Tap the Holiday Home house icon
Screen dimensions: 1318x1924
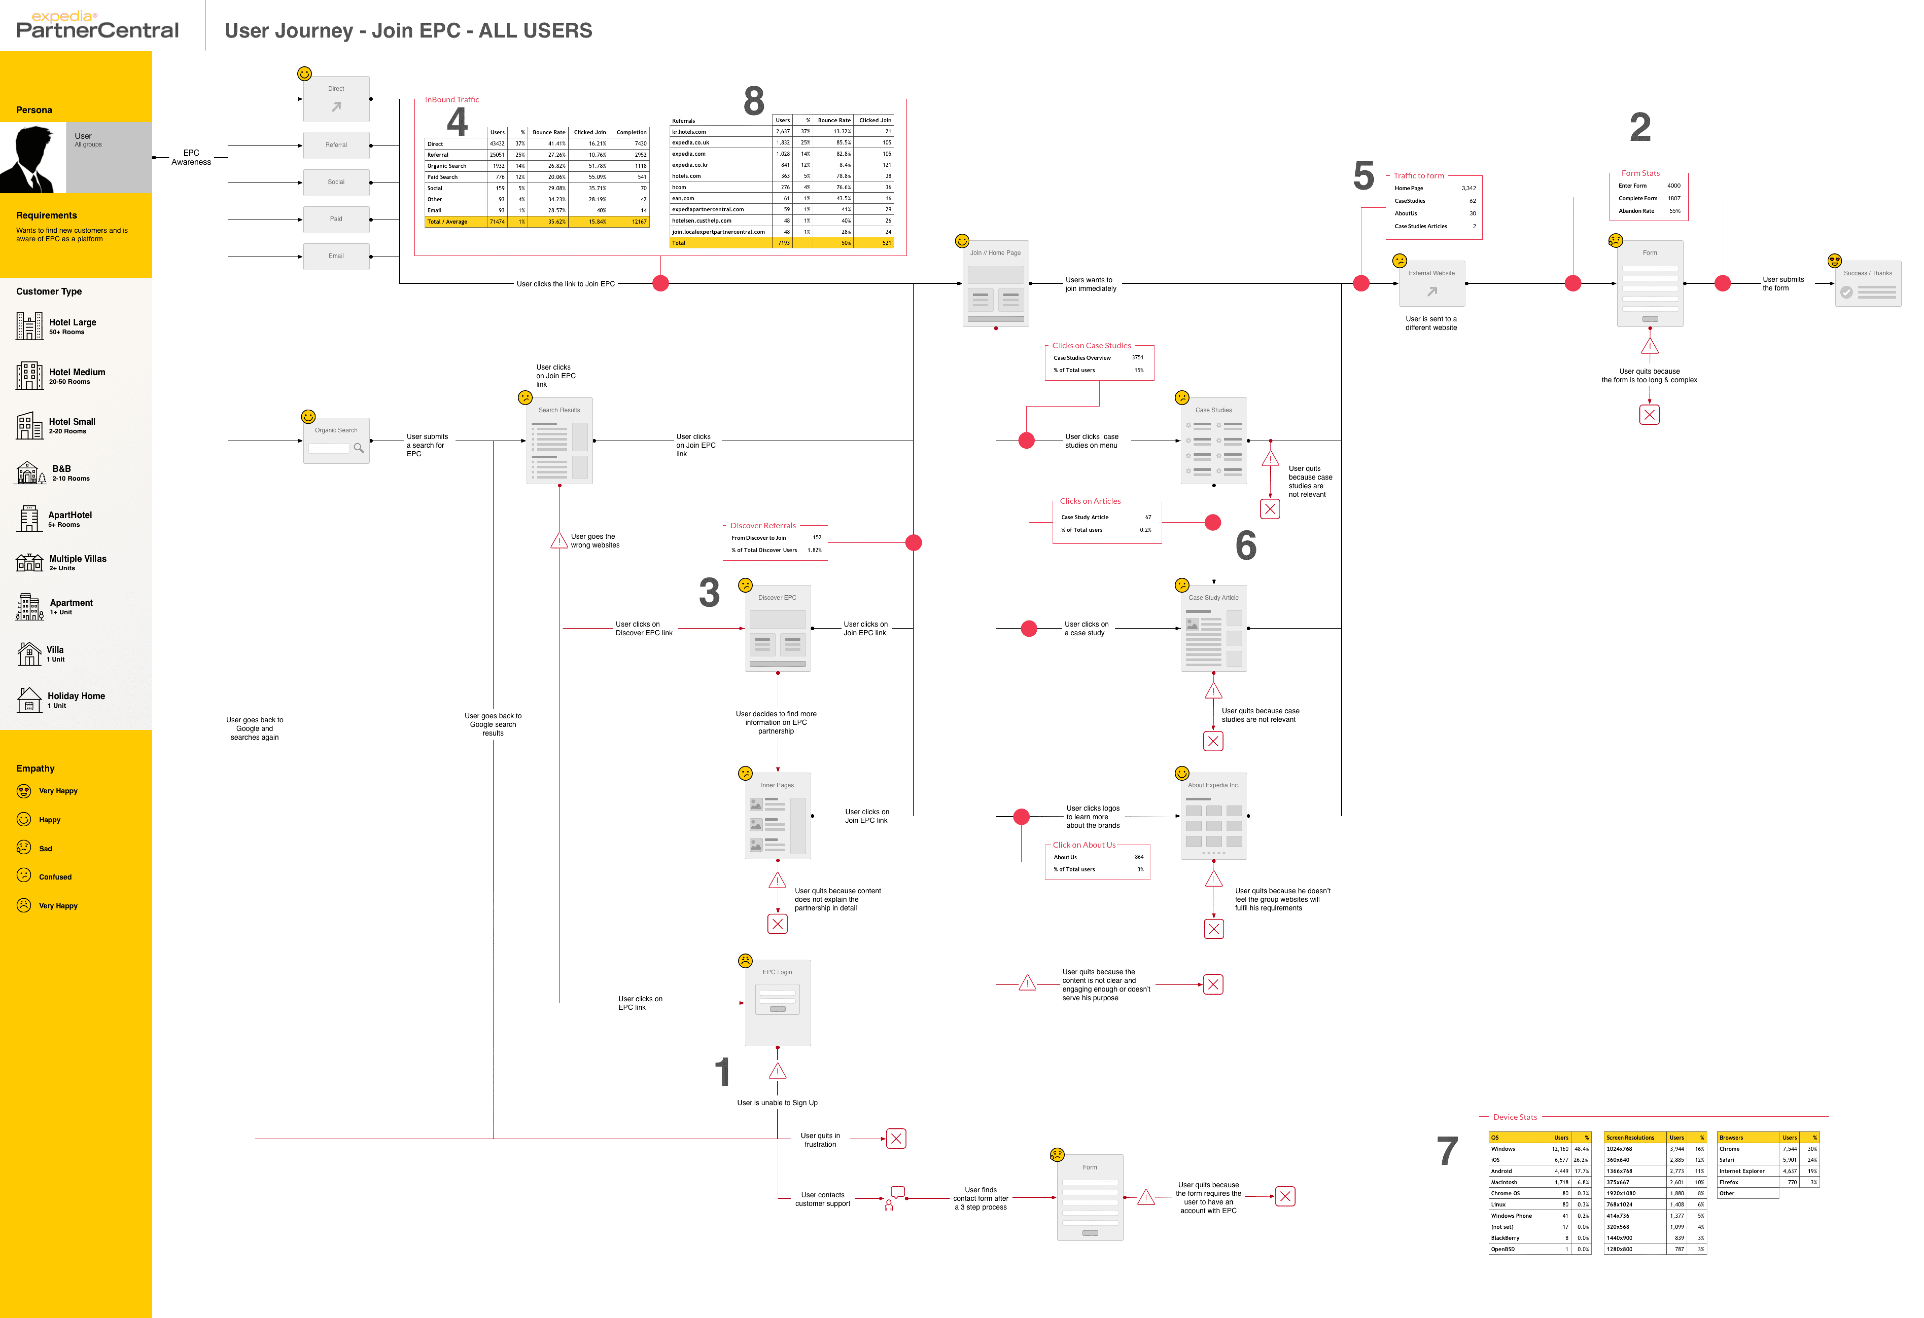29,700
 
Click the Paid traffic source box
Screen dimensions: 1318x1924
336,219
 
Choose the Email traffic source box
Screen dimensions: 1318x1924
336,257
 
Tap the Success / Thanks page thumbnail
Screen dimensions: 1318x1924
1868,284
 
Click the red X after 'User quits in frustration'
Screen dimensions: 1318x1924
896,1139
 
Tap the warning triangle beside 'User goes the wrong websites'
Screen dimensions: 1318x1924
559,541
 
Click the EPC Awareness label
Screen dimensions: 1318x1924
191,157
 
